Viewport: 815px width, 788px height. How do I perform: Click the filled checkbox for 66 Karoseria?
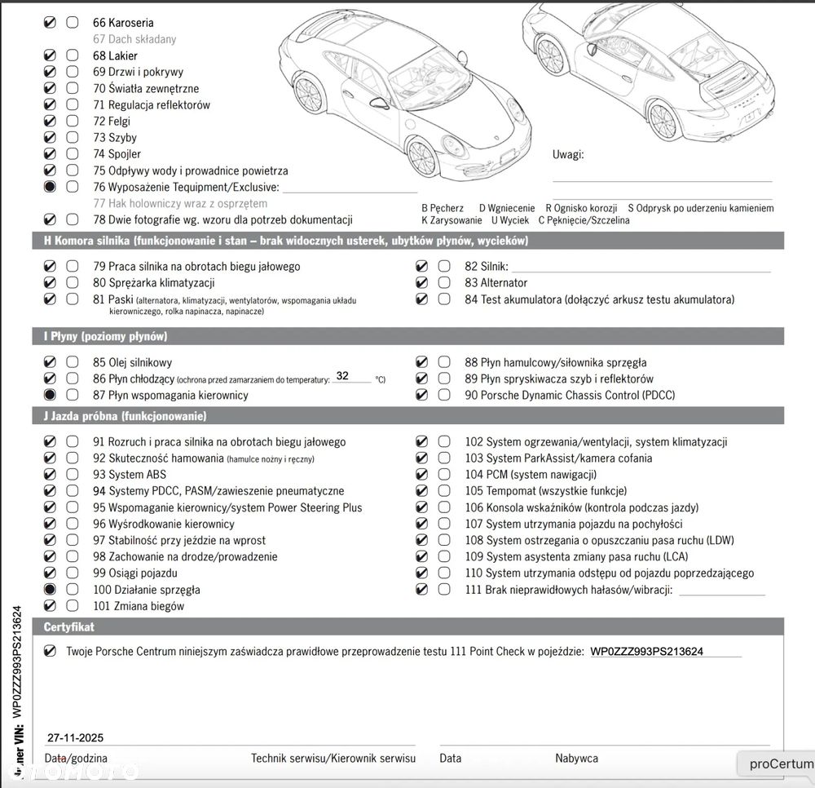pos(50,23)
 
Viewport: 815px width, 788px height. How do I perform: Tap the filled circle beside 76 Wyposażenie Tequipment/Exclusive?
pos(50,187)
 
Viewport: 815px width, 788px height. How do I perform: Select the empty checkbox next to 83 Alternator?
pos(443,282)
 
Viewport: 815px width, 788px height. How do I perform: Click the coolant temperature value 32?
pos(342,376)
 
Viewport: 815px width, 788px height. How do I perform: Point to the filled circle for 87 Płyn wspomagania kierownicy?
pos(50,395)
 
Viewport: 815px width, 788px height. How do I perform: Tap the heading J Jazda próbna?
pos(125,416)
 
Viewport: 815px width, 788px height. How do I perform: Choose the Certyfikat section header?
pos(69,627)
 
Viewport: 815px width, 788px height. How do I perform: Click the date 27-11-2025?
pos(76,737)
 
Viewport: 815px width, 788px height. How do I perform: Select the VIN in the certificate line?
pos(646,652)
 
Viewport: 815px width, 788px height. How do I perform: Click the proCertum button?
pos(781,764)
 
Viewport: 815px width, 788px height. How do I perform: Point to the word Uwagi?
pos(568,154)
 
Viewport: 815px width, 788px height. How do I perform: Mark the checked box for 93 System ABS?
pos(50,475)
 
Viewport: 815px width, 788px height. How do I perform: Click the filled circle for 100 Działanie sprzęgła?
pos(50,589)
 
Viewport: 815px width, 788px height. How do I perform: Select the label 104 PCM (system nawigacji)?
pos(531,475)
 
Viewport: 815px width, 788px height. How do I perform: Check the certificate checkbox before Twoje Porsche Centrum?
pos(51,651)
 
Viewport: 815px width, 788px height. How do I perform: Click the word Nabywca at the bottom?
pos(577,758)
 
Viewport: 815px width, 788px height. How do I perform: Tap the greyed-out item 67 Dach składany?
pos(134,39)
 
